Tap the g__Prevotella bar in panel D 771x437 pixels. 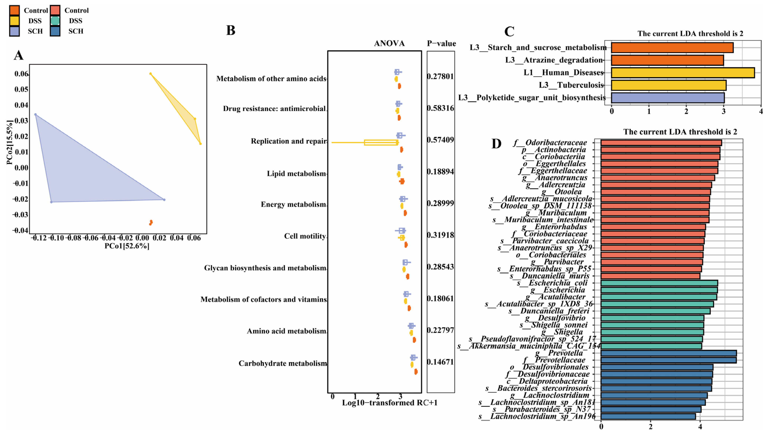[668, 353]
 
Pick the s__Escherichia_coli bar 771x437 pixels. [659, 283]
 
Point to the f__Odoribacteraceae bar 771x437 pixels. [661, 143]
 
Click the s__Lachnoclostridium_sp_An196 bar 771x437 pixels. [648, 416]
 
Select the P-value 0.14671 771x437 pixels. [440, 362]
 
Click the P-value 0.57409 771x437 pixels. [440, 140]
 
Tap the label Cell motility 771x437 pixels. [305, 236]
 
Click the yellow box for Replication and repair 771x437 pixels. [380, 143]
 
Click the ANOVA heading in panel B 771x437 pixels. [389, 43]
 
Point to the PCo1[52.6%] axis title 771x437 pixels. [127, 246]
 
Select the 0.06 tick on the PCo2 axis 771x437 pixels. [22, 74]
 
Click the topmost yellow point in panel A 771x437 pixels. [150, 74]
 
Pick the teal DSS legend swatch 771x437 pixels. [55, 21]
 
